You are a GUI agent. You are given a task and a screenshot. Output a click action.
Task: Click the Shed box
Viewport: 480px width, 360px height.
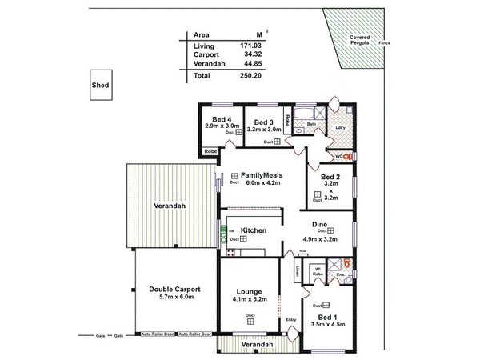coord(102,85)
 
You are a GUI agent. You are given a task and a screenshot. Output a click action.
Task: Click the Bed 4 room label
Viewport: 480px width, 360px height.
coord(214,119)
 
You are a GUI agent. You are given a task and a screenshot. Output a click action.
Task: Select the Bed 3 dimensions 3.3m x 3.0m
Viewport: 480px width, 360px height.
coord(263,129)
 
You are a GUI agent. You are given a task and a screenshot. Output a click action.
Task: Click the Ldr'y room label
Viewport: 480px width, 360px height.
coord(339,127)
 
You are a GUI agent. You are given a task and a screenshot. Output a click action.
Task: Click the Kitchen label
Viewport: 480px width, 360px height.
coord(254,230)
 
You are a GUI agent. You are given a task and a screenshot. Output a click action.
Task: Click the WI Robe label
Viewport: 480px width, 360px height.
coord(318,270)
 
